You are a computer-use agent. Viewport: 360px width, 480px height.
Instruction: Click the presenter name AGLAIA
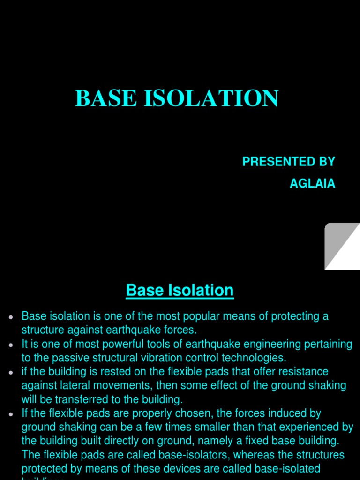(x=312, y=183)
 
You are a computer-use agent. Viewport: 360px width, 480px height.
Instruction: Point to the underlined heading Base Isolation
(x=180, y=291)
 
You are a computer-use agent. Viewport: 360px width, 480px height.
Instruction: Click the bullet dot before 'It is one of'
(x=10, y=345)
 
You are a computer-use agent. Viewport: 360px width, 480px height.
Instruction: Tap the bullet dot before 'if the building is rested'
(x=10, y=373)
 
